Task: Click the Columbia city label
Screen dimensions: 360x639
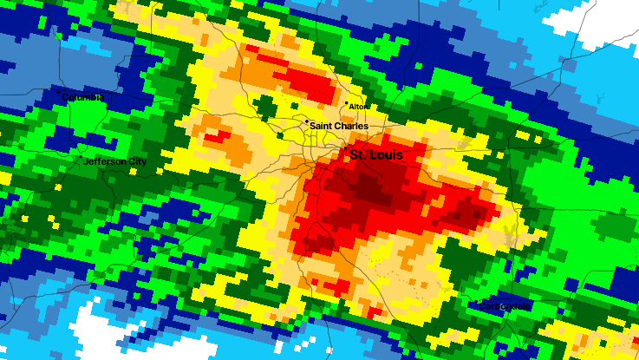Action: click(x=84, y=97)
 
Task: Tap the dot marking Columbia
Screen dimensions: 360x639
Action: click(x=59, y=93)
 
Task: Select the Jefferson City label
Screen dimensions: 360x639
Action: click(x=115, y=162)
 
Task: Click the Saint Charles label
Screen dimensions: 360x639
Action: click(x=337, y=126)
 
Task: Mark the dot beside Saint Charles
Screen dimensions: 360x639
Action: click(x=306, y=122)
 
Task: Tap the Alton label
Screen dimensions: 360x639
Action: click(x=357, y=107)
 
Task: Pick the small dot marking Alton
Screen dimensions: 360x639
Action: click(x=347, y=104)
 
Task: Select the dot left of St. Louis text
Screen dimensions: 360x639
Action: click(x=346, y=152)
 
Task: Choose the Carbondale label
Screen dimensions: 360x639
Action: click(x=507, y=306)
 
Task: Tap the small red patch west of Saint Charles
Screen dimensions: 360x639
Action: click(x=218, y=136)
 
